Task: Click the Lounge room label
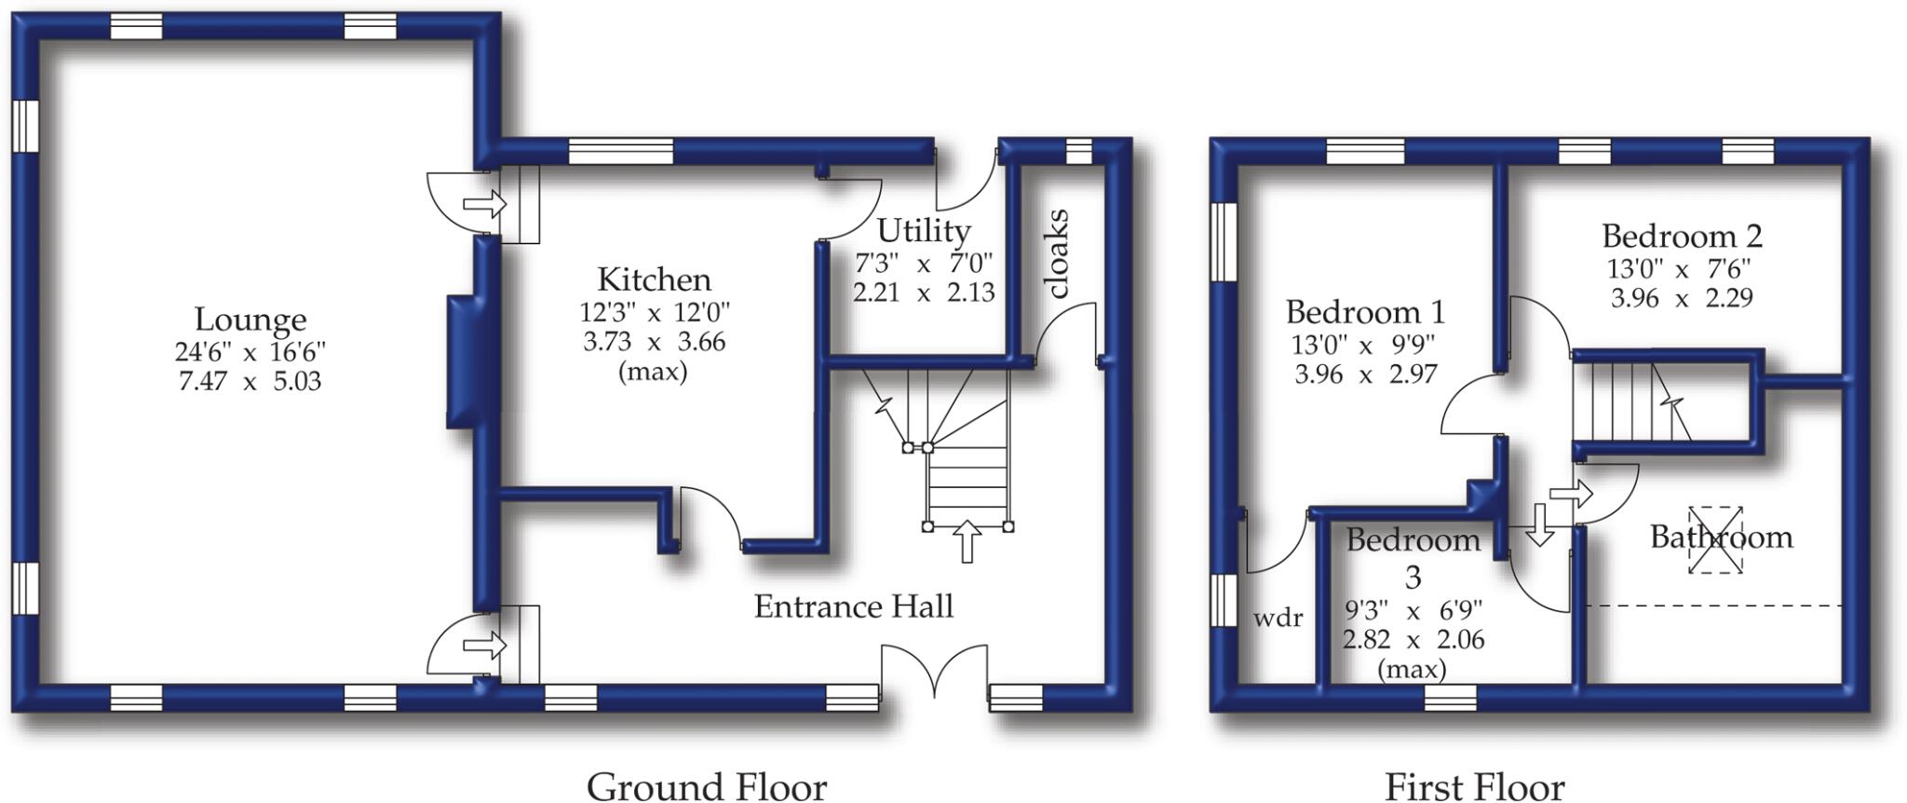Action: [250, 320]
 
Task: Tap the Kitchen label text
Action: [654, 279]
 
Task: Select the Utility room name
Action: [924, 230]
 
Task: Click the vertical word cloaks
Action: [1058, 253]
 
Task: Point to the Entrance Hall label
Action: [853, 607]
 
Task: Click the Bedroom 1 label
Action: [1364, 311]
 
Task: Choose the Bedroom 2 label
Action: [1681, 236]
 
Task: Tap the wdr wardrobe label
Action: [1278, 618]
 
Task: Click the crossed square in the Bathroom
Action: [1715, 540]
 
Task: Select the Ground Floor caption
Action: [706, 786]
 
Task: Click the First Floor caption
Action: [1474, 786]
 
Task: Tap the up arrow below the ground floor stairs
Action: [967, 541]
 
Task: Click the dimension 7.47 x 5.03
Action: [250, 381]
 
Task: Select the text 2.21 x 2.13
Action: [924, 293]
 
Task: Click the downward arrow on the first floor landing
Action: [1538, 524]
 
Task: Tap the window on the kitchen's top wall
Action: [620, 151]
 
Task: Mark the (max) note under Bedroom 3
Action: [1412, 669]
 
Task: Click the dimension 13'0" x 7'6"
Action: [1679, 269]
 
